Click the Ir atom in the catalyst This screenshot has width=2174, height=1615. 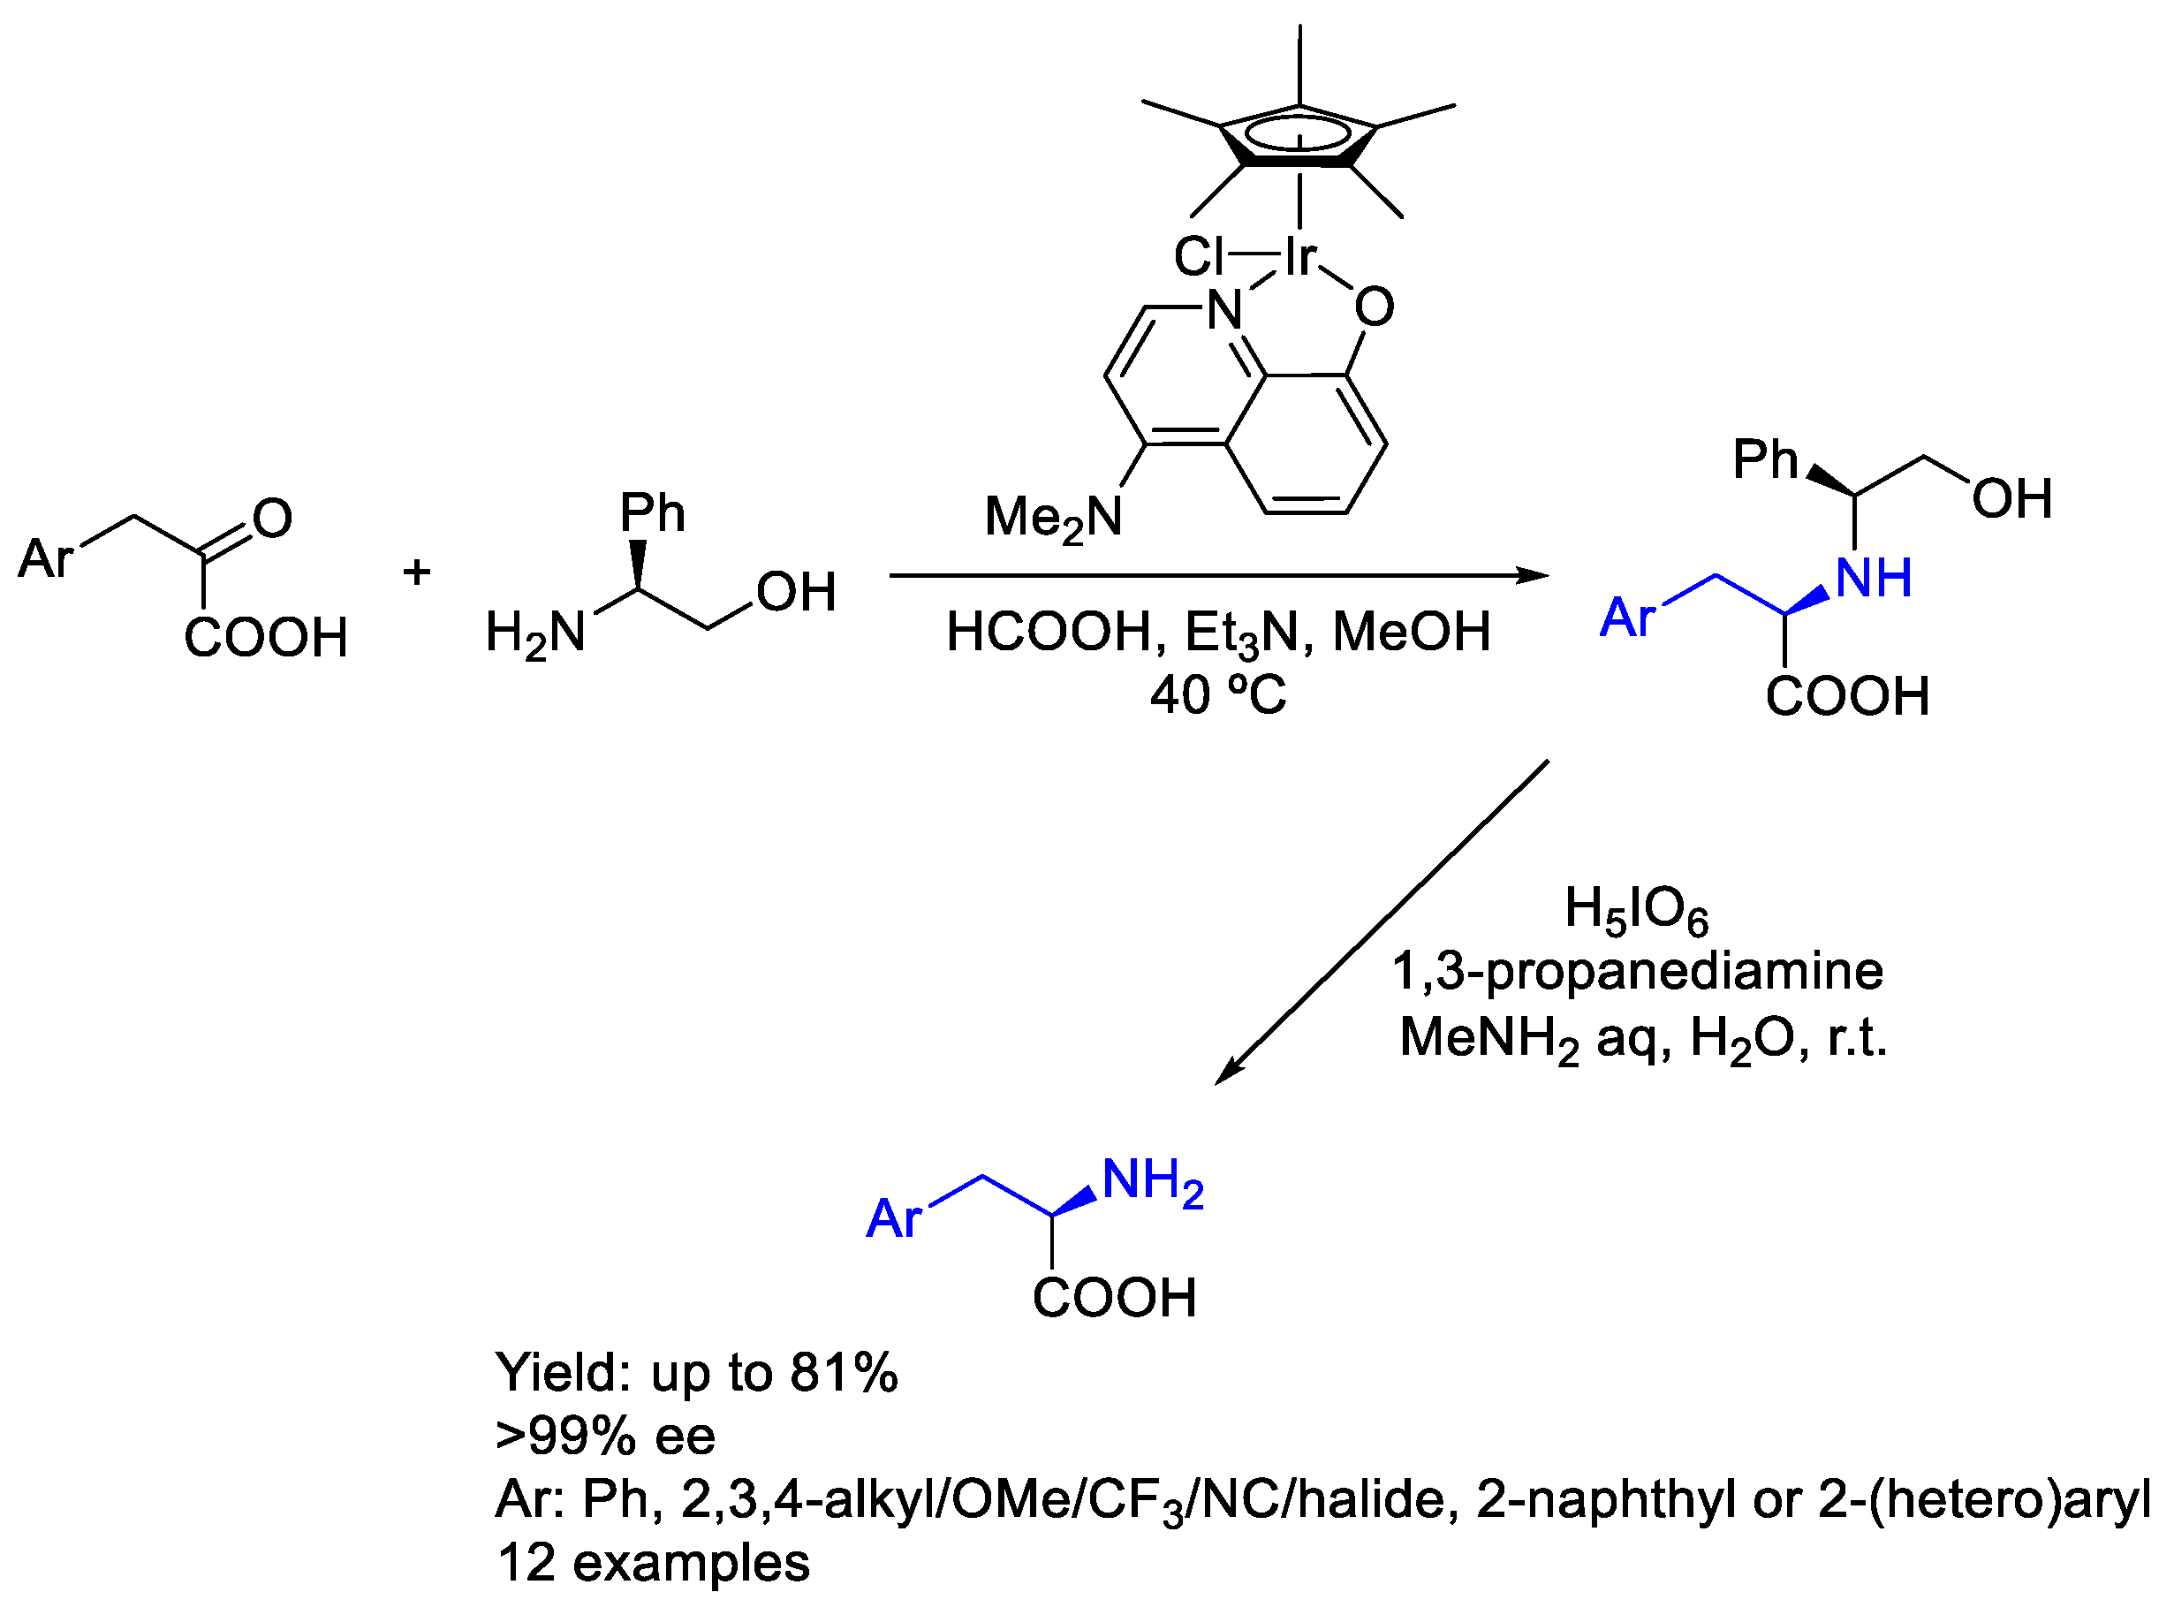1300,257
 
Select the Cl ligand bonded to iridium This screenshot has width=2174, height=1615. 1199,257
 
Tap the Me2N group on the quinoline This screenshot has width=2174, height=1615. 1053,517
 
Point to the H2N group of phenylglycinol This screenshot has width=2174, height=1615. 534,633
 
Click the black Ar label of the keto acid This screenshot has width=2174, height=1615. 46,559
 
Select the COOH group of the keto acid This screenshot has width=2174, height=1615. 266,637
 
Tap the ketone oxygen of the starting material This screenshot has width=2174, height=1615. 273,518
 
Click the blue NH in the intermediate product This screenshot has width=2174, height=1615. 1874,578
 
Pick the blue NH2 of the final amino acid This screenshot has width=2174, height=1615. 1152,1181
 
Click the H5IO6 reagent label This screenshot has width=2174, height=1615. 1636,909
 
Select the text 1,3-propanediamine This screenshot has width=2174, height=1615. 1637,971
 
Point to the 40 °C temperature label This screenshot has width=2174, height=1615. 1218,695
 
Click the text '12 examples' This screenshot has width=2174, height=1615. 653,1562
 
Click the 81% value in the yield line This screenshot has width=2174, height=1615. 844,1373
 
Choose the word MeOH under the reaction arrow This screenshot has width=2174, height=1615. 1411,633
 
